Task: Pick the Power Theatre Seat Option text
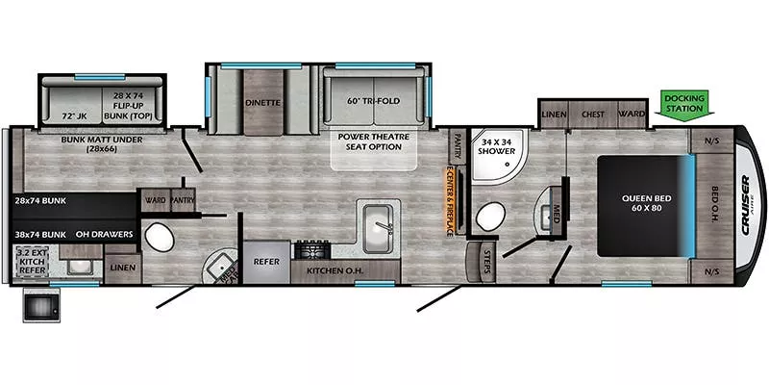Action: [375, 141]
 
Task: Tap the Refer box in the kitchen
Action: [265, 261]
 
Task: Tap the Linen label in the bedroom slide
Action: [553, 114]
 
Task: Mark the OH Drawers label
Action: [105, 234]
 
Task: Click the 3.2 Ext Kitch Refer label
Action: [32, 261]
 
